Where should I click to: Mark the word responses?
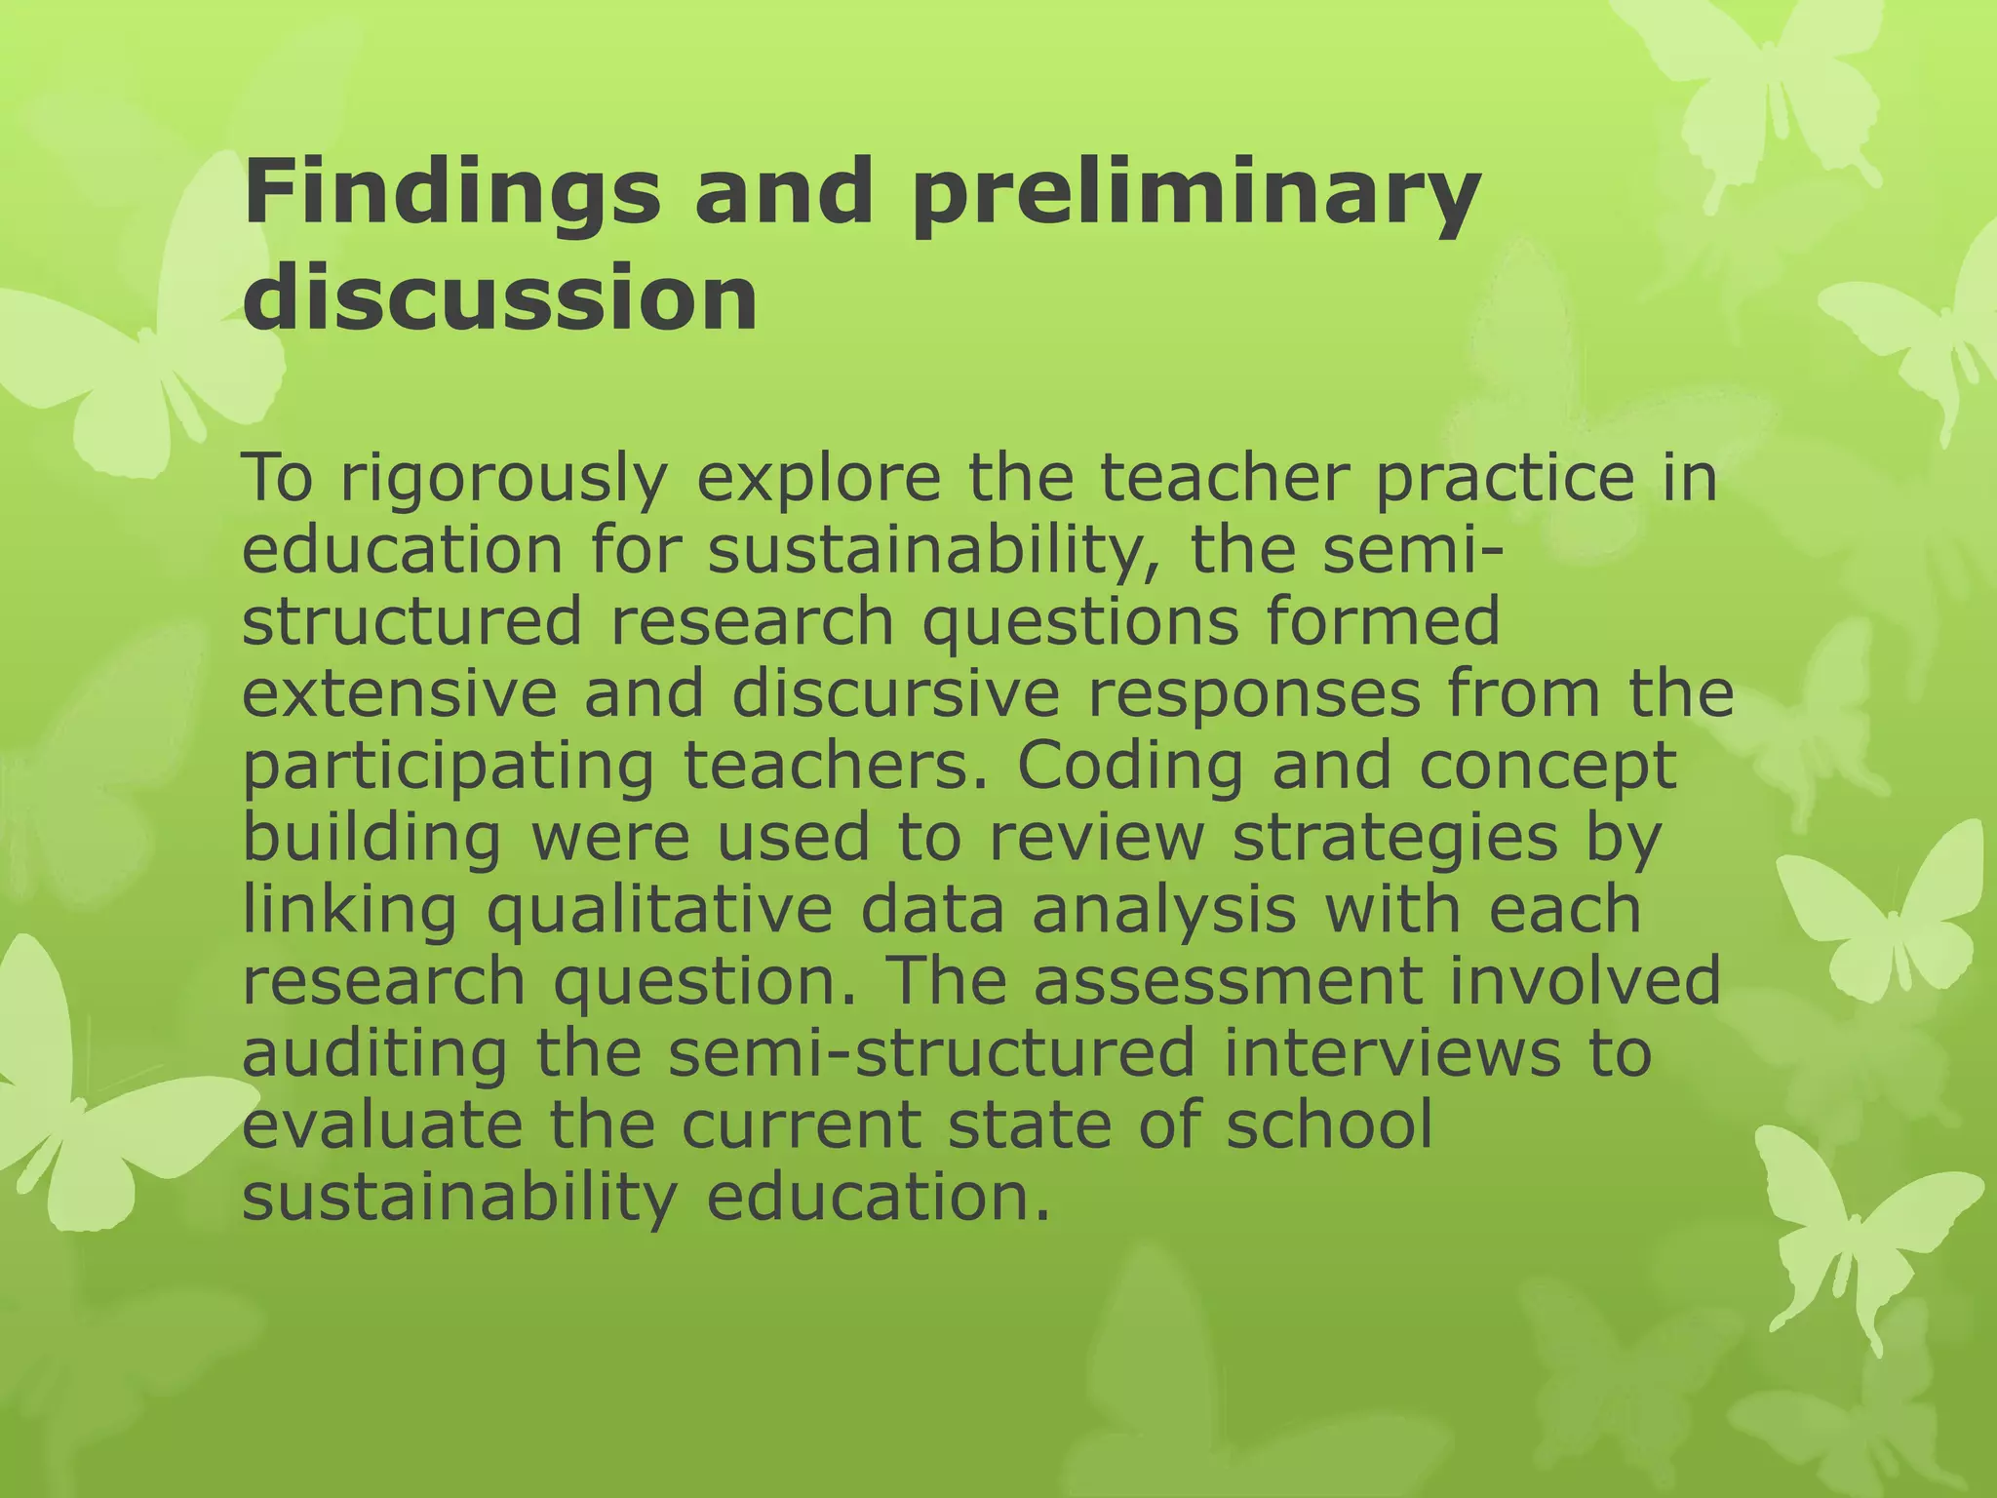pyautogui.click(x=1253, y=696)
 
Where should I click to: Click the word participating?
pyautogui.click(x=448, y=767)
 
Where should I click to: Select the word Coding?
pyautogui.click(x=1131, y=767)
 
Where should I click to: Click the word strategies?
pyautogui.click(x=1395, y=839)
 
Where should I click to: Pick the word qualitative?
pyautogui.click(x=659, y=911)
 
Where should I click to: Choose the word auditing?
pyautogui.click(x=374, y=1053)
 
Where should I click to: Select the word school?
pyautogui.click(x=1329, y=1124)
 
